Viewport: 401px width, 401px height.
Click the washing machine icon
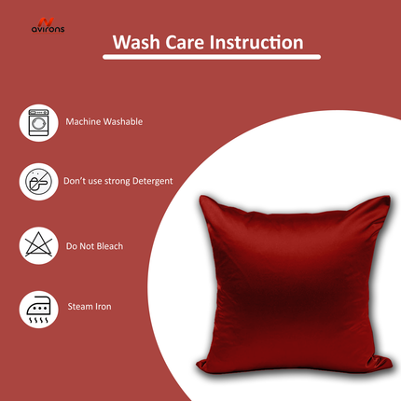tap(38, 122)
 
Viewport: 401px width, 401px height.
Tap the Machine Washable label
tap(104, 122)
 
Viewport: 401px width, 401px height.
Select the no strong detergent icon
tap(38, 182)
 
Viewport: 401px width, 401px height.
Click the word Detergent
tap(152, 181)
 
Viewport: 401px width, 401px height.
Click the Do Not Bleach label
tap(94, 246)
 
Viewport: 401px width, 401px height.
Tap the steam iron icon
tap(38, 307)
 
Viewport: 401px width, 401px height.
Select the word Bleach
tap(109, 246)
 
